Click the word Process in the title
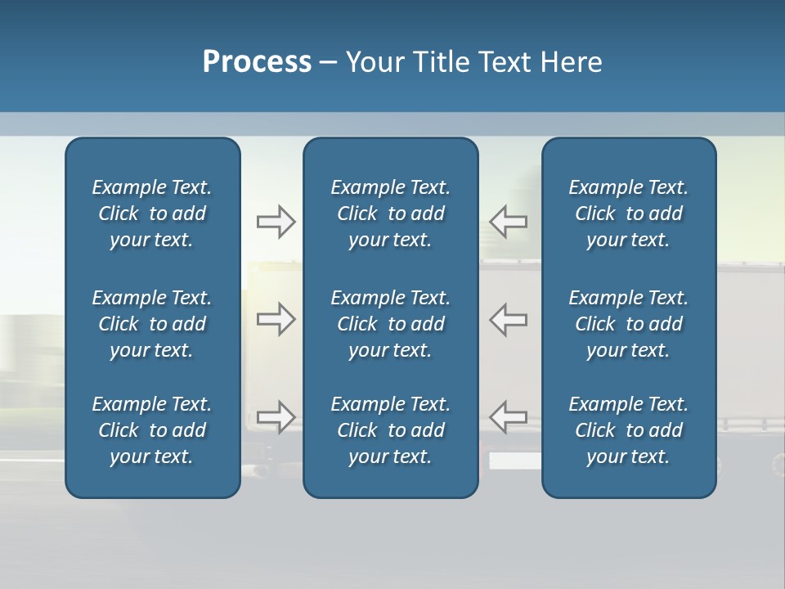[x=257, y=62]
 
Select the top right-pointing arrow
[x=276, y=222]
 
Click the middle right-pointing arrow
[x=276, y=319]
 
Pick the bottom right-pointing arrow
[x=276, y=417]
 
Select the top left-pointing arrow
[x=509, y=222]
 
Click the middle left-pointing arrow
[x=509, y=319]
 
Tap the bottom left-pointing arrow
[x=509, y=417]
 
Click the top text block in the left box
[x=152, y=214]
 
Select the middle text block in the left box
[x=152, y=324]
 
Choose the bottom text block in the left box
[x=152, y=430]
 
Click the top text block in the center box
[x=390, y=214]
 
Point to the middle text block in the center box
[x=390, y=324]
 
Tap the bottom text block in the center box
[x=390, y=430]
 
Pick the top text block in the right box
[x=629, y=214]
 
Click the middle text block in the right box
[x=629, y=324]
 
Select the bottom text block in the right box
[x=629, y=430]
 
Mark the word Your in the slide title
[x=373, y=62]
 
